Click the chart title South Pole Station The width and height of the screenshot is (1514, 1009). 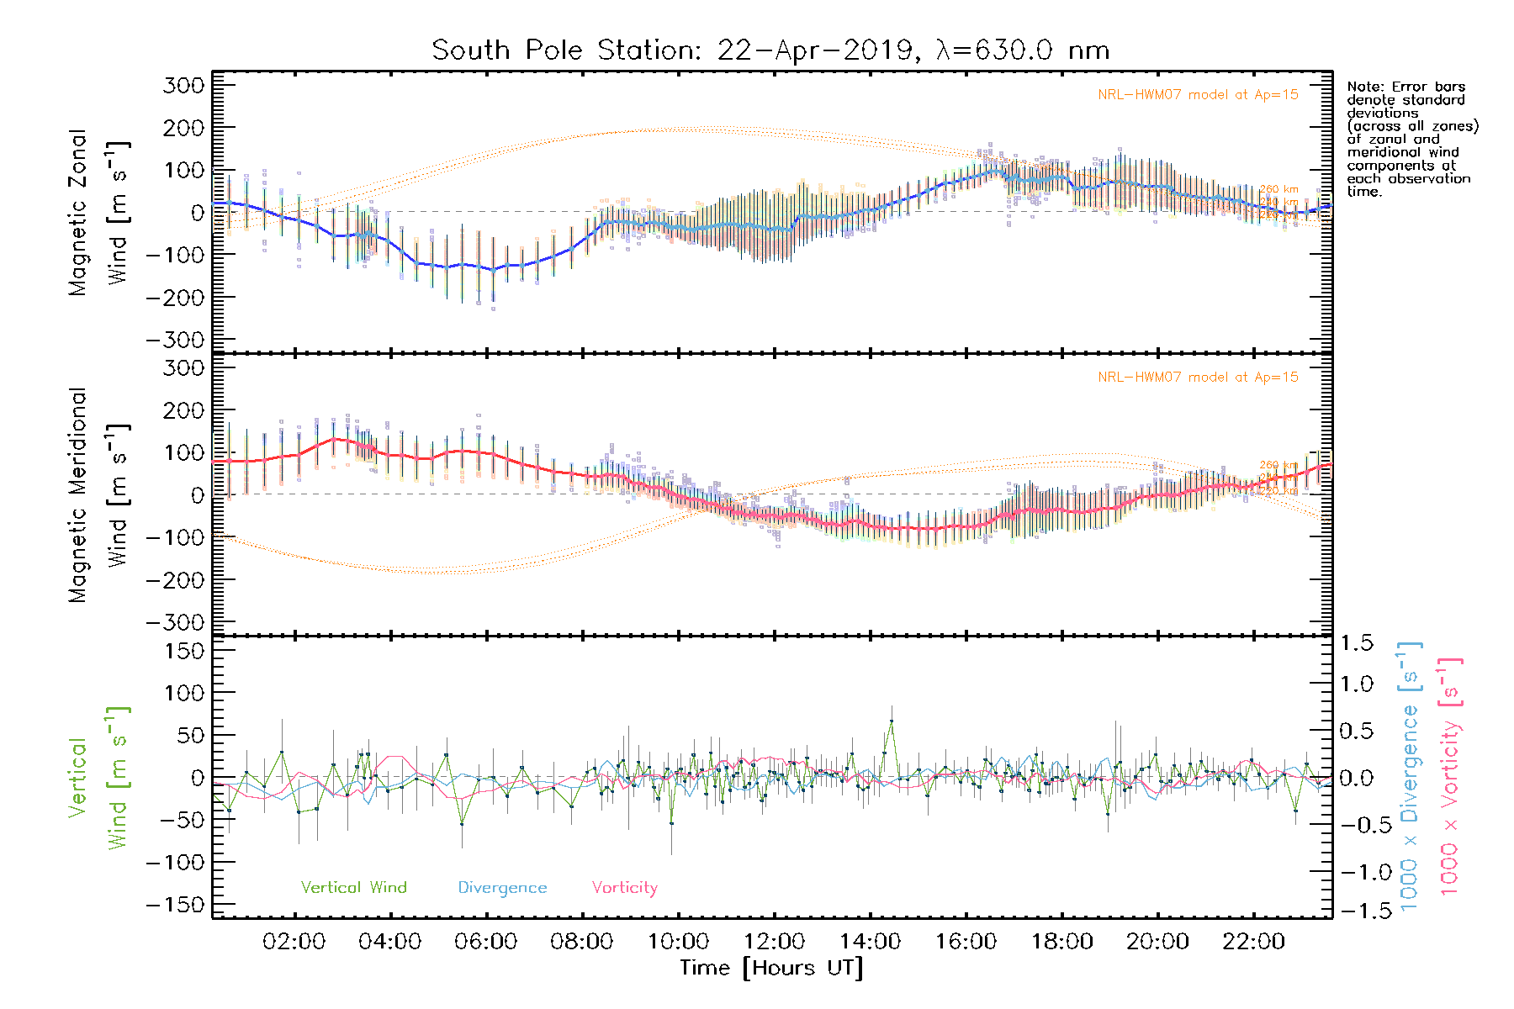pos(770,50)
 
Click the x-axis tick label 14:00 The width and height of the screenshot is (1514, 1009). pos(871,942)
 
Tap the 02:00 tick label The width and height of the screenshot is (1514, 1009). pos(294,942)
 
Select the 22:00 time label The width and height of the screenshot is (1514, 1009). pos(1254,942)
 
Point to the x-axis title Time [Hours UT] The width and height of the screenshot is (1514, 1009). pos(771,968)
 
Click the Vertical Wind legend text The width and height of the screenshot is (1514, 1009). pos(353,888)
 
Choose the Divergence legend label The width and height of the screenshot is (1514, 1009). pos(502,888)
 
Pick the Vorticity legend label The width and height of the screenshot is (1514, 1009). pos(624,888)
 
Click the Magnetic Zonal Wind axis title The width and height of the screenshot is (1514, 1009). pos(98,212)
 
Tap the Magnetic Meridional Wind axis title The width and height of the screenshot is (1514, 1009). pos(98,496)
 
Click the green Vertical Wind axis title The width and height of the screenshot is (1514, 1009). pos(98,778)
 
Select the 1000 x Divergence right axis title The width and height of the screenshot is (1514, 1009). pos(1409,778)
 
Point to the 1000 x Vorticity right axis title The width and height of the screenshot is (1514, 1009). pos(1449,778)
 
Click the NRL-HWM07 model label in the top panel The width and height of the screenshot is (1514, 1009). pos(1198,95)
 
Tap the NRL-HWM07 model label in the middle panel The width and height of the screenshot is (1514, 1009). pos(1198,378)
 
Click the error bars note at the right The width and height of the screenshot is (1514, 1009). pos(1411,139)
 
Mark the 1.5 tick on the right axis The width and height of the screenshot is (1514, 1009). pos(1356,643)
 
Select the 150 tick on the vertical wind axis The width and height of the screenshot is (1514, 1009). pos(184,651)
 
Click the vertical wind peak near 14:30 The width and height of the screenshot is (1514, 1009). pos(892,721)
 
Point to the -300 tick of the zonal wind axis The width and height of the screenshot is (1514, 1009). pos(175,340)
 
